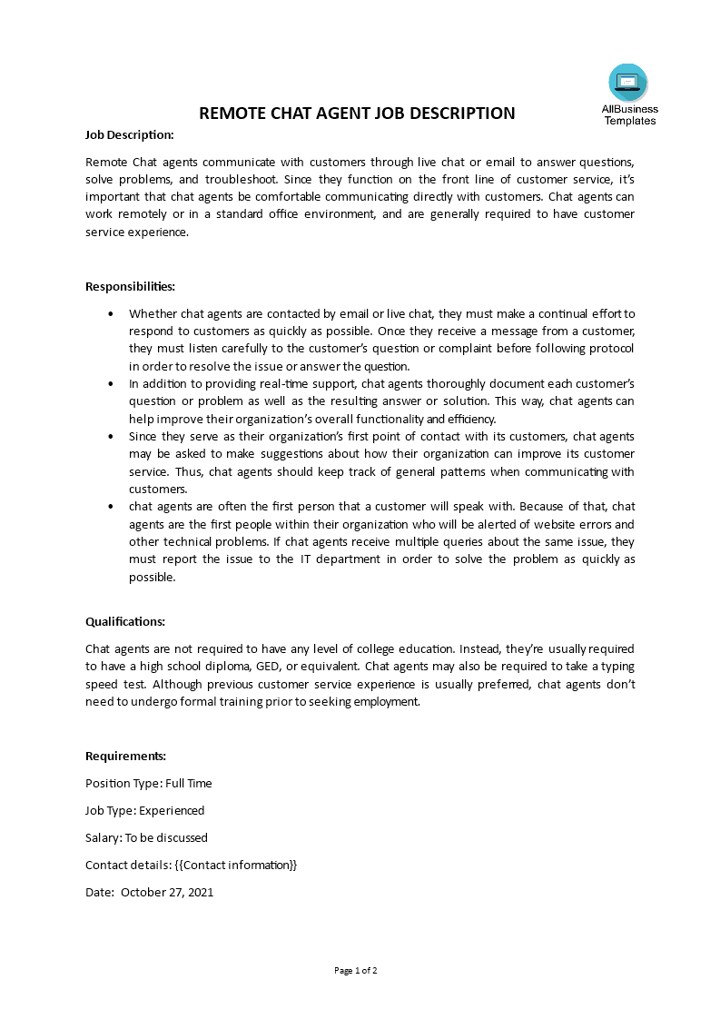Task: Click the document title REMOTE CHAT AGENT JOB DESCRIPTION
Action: pos(357,114)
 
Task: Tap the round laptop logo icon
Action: pos(628,83)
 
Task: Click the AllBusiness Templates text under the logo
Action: pos(629,114)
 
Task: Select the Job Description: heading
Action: pos(129,134)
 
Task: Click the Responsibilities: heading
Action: pos(130,286)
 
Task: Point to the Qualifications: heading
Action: pos(125,622)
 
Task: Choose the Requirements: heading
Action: pos(125,756)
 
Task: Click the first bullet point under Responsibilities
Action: pos(111,313)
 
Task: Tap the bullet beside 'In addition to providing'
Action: pos(111,384)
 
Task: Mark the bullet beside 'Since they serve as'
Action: pos(111,437)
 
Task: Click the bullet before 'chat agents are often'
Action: pos(111,507)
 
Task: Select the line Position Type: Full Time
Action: pos(149,783)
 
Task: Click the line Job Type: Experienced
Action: pos(144,810)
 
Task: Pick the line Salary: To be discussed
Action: pos(146,837)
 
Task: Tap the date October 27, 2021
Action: pos(167,892)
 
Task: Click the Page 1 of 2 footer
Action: pos(356,970)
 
